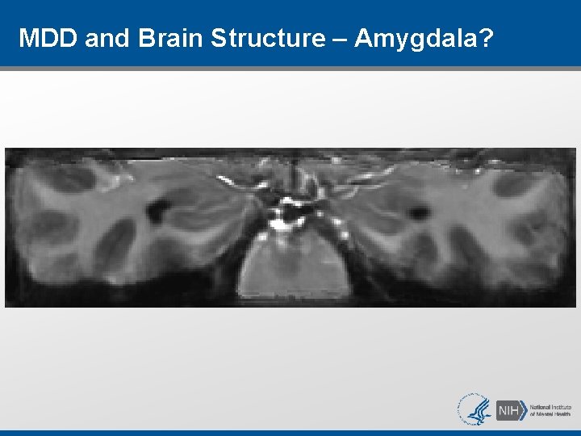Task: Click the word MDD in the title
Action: point(47,37)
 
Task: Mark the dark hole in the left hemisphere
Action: point(157,212)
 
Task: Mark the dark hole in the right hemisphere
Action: point(418,213)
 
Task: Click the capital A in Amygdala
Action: point(364,37)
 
